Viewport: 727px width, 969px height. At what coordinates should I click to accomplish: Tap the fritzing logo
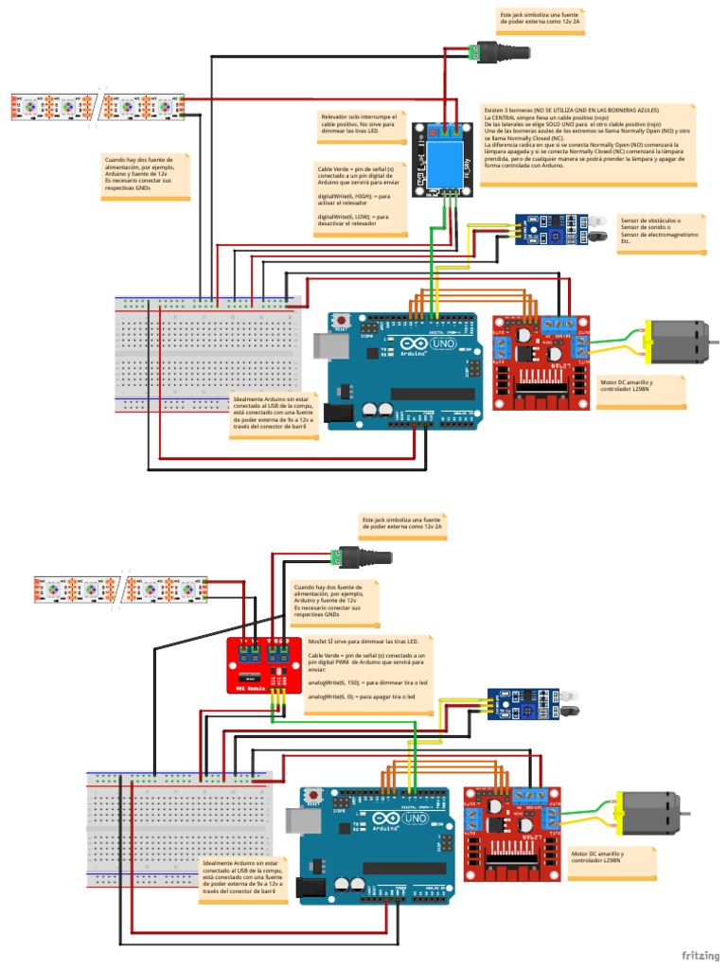(x=699, y=955)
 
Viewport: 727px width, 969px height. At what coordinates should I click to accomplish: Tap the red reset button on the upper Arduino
(x=340, y=322)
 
